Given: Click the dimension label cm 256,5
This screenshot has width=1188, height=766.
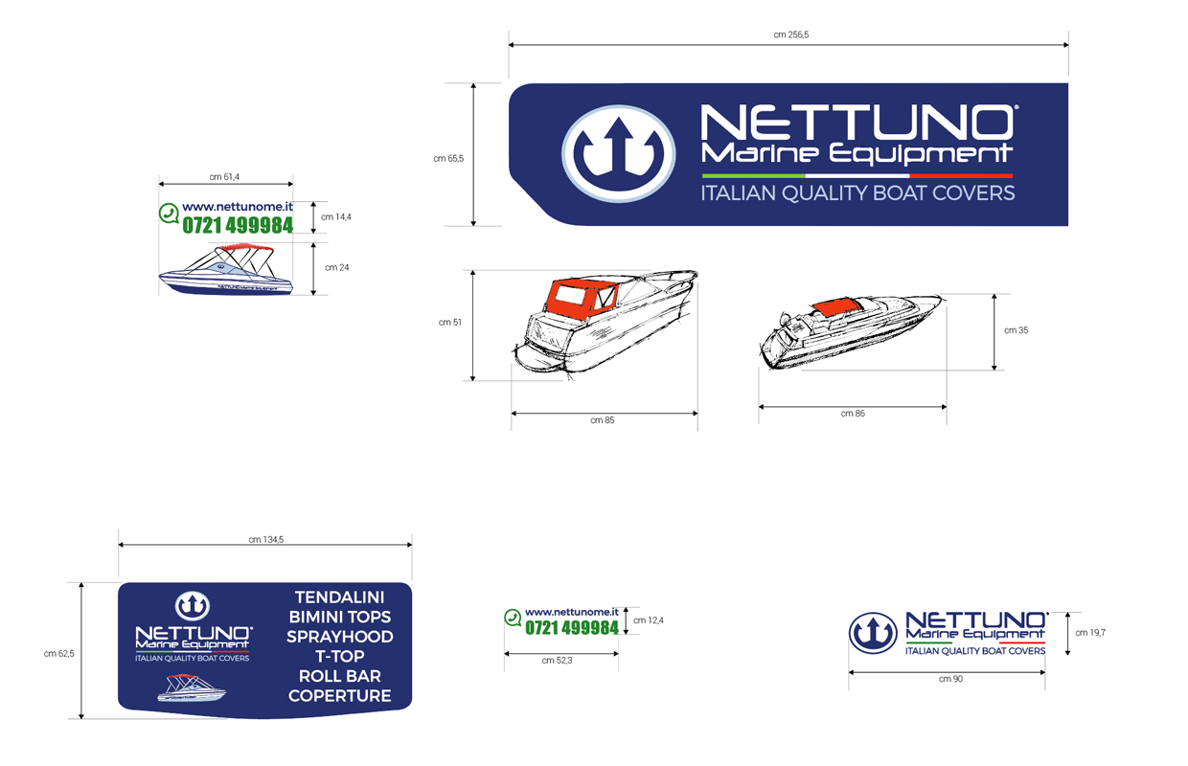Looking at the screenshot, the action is coord(790,35).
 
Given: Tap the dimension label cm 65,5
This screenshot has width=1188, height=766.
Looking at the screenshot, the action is coord(448,159).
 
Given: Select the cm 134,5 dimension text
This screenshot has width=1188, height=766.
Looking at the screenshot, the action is coord(265,540).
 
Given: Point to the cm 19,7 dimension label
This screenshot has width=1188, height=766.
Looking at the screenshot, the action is coord(1090,632).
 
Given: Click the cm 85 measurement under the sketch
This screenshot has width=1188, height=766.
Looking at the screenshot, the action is coord(602,420).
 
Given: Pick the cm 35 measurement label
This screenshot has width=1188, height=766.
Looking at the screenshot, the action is coord(1016,330).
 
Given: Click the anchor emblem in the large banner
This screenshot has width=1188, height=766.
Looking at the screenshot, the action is coord(618,154).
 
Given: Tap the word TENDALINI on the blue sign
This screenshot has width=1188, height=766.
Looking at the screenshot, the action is coord(339,597).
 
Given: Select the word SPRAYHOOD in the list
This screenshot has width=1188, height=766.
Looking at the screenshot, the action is coord(339,637).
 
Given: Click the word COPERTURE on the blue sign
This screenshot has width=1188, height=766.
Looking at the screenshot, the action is coord(339,695).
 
